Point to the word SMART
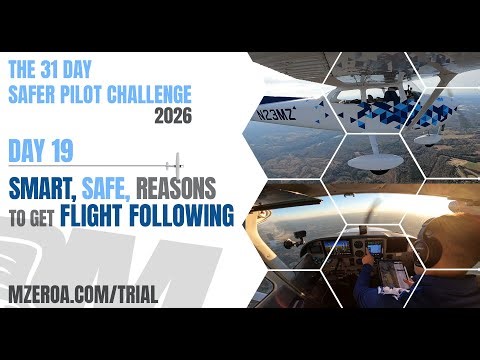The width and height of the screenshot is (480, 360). pos(46,186)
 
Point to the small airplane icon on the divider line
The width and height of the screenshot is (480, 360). pos(177,162)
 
